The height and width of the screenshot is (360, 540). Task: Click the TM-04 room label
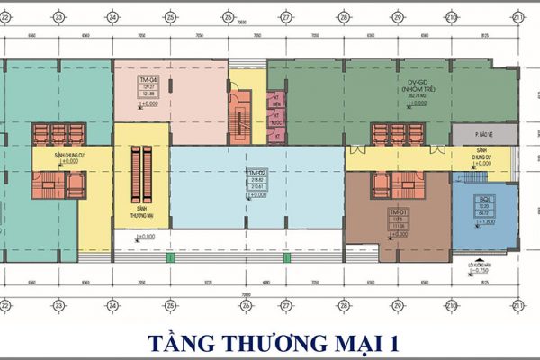[x=143, y=80]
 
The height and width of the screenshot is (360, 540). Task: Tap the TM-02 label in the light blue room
[x=256, y=171]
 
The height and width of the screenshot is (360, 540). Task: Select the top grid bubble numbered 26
[x=229, y=17]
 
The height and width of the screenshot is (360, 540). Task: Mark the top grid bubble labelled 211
[x=519, y=17]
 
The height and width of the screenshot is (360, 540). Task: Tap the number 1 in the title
[x=390, y=343]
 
